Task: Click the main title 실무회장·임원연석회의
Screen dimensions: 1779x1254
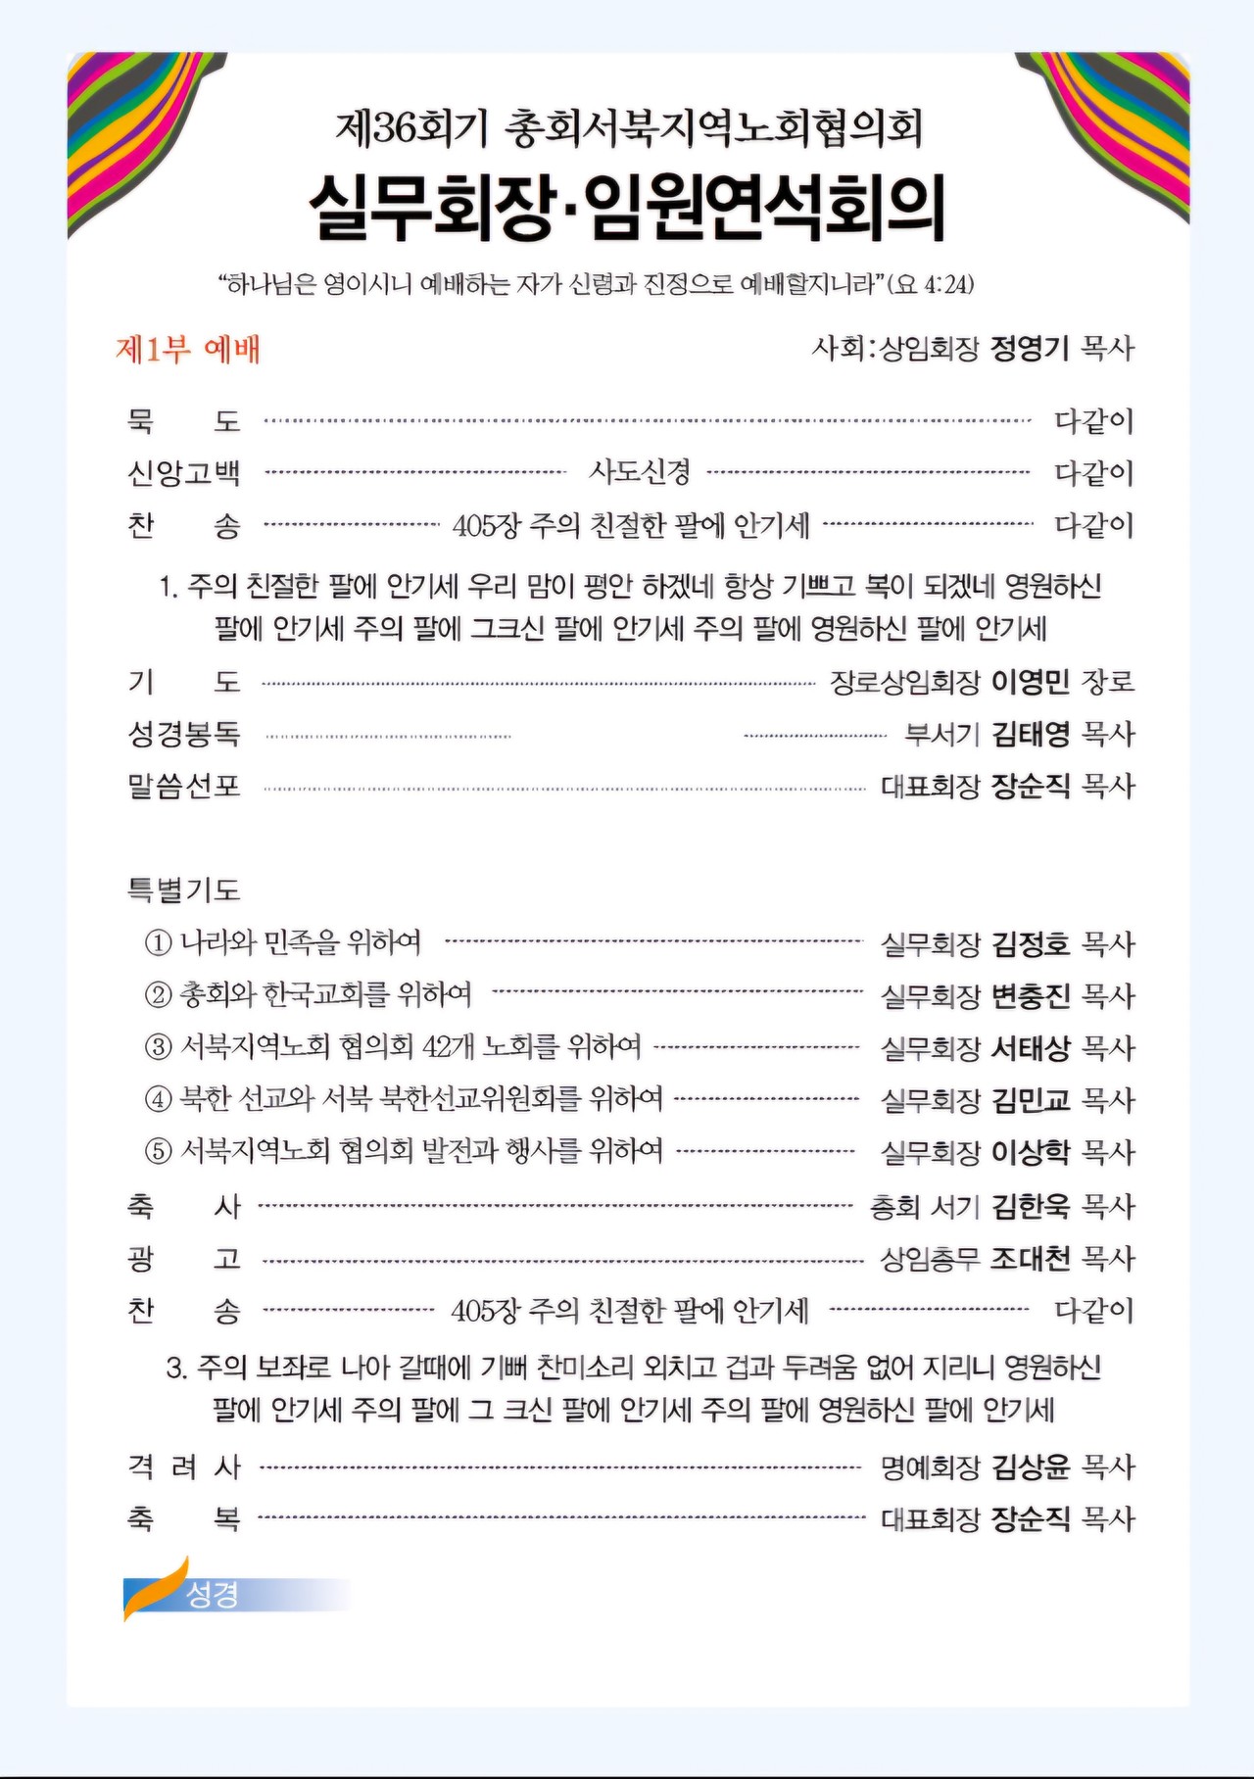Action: pos(627,207)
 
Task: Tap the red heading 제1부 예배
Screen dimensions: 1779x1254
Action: pos(188,350)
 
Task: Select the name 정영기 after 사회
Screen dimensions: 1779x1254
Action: pos(1030,348)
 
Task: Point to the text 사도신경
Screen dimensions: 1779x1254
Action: pos(639,472)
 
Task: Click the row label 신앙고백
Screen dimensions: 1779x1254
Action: pos(184,473)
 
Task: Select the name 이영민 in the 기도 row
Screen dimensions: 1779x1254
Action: pos(1030,682)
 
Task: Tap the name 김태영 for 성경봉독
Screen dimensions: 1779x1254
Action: pos(1030,734)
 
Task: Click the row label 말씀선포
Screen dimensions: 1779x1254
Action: pos(184,786)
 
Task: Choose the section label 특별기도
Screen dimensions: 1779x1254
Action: pos(184,889)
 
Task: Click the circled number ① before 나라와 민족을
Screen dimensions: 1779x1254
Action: pos(159,942)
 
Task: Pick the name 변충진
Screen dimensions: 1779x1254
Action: pos(1030,996)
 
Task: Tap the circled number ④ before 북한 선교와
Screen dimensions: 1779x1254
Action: pos(159,1099)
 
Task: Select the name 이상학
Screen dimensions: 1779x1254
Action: pos(1030,1152)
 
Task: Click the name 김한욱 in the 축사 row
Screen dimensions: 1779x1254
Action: pos(1030,1206)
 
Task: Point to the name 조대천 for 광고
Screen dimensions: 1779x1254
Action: pos(1030,1258)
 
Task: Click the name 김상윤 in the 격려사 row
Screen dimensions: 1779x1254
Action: pos(1030,1466)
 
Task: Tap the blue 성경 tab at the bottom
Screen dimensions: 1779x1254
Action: pos(213,1594)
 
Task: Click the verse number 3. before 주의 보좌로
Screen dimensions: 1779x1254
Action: pos(177,1368)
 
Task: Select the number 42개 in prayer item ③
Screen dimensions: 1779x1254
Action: pos(448,1047)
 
